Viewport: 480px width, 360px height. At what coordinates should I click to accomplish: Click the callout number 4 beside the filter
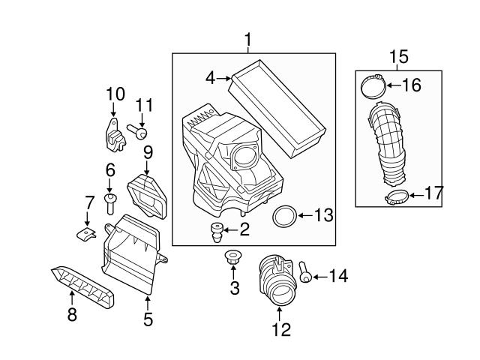point(211,77)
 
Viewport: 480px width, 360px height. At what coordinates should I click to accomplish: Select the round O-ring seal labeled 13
point(283,217)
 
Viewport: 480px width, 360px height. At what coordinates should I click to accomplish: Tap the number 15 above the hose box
point(398,56)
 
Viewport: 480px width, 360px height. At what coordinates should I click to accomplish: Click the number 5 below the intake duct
point(148,319)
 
